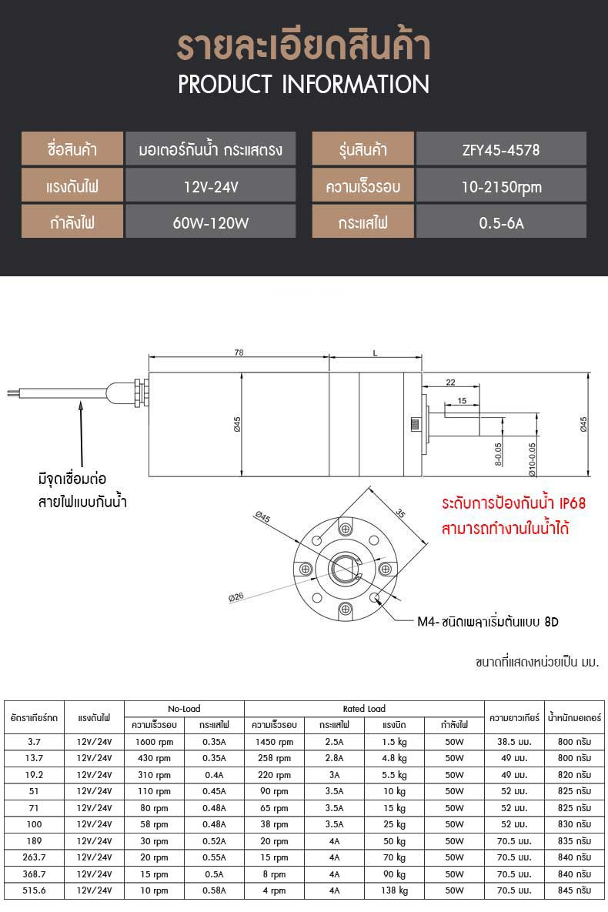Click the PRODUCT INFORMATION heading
(x=304, y=85)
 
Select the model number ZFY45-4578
(x=501, y=150)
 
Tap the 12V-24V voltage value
(x=211, y=187)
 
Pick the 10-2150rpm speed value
(x=502, y=187)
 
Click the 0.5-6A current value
(x=502, y=223)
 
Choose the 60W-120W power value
(x=211, y=223)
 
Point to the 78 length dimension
(x=239, y=352)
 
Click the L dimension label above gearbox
(x=376, y=353)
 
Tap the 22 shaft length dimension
(x=451, y=383)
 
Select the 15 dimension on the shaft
(x=462, y=401)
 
